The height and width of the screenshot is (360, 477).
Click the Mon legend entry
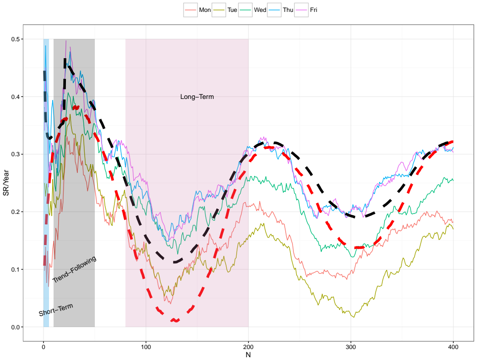[197, 10]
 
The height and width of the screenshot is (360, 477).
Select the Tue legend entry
[225, 10]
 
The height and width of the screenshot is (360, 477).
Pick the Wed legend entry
[253, 10]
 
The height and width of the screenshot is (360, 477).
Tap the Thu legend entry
[281, 10]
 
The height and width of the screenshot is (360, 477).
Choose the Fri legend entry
[306, 10]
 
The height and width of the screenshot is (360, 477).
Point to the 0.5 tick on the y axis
[15, 39]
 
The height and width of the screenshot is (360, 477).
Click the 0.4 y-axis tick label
[15, 97]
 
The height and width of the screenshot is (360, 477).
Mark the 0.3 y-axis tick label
[15, 154]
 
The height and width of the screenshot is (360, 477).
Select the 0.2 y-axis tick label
[15, 212]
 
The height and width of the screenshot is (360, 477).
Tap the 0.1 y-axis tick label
[15, 270]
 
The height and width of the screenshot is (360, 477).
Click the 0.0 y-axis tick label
[15, 327]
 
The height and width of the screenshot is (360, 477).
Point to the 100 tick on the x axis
[146, 347]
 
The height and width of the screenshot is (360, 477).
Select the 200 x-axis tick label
[249, 347]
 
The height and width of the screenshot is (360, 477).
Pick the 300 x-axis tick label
[351, 347]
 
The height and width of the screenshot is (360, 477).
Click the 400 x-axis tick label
[454, 347]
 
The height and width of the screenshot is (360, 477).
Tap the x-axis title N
[248, 355]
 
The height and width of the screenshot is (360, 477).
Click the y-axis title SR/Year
[6, 183]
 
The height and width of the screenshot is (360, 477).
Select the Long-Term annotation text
[197, 97]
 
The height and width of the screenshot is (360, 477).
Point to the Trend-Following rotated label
[75, 269]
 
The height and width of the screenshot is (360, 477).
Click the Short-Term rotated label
[56, 310]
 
